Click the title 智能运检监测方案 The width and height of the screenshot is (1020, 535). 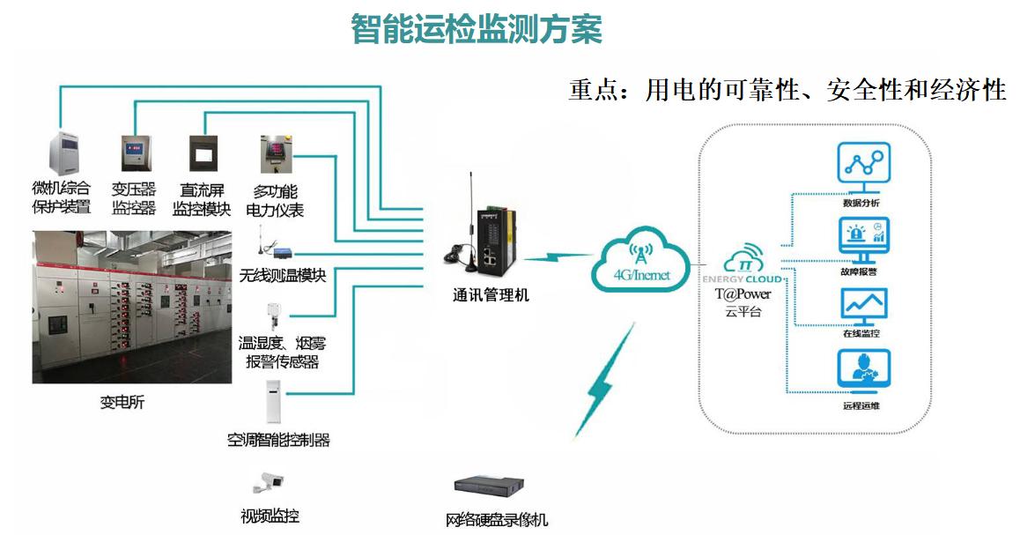pos(477,29)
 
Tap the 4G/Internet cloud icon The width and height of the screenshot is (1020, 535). pos(640,260)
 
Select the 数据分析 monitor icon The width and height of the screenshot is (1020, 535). pos(863,168)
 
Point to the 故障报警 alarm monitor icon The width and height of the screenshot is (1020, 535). pos(863,240)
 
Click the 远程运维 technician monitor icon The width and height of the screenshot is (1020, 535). pos(863,372)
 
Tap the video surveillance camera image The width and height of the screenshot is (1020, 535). pos(269,482)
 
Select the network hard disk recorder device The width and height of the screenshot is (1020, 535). pos(489,487)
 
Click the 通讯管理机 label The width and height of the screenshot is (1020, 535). pos(491,295)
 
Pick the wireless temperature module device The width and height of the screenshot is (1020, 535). pos(274,245)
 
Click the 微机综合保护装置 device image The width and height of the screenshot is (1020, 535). pos(63,152)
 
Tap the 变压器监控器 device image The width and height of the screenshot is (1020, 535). pos(136,153)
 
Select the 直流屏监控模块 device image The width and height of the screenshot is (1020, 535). pos(203,153)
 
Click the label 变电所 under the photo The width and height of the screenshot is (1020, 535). pos(122,402)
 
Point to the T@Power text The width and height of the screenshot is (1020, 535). pos(743,294)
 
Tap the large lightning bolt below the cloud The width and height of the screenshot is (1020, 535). pos(604,381)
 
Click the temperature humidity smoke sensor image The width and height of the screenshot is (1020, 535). pos(272,317)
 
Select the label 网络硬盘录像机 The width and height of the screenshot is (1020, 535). pos(496,519)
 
